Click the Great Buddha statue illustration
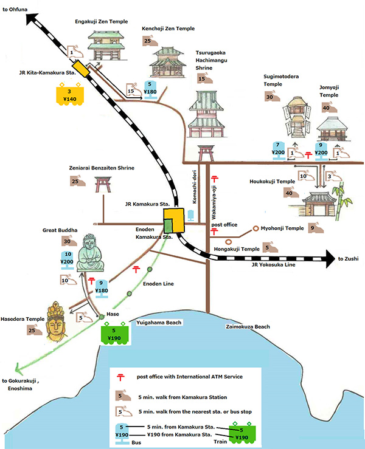(90, 253)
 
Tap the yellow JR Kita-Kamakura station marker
(80, 69)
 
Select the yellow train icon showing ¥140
(70, 94)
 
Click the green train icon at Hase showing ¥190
(114, 333)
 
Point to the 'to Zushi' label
(348, 259)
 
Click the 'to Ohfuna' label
(15, 10)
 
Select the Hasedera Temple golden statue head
(57, 321)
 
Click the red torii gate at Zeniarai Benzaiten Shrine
(103, 184)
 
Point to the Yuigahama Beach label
(159, 323)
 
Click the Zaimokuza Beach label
(248, 326)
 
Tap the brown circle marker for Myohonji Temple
(255, 228)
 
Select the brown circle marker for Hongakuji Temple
(228, 242)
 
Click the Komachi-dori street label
(195, 187)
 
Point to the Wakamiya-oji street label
(214, 202)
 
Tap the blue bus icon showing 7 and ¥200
(278, 150)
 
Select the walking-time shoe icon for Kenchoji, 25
(150, 41)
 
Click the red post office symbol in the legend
(120, 377)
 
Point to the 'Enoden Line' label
(158, 284)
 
